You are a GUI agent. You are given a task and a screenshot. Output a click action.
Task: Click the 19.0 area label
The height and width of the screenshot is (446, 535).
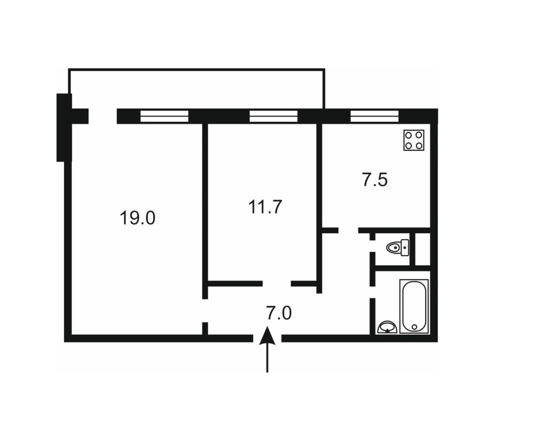(137, 218)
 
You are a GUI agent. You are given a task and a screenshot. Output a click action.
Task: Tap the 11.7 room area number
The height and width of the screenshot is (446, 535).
(265, 206)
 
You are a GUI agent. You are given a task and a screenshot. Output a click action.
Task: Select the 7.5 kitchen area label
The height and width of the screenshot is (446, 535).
(374, 180)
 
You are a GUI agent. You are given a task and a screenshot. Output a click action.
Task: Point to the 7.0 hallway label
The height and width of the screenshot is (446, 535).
(279, 313)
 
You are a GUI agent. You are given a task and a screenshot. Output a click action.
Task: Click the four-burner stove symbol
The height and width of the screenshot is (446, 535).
(414, 140)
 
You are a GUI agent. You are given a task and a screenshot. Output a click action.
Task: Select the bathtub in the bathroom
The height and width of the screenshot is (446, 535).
(414, 306)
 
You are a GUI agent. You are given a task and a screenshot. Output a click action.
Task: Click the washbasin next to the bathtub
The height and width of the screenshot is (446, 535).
(387, 327)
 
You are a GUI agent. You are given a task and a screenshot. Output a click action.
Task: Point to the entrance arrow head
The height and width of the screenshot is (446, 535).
(267, 335)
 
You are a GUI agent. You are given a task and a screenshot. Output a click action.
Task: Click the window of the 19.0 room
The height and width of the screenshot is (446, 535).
(164, 116)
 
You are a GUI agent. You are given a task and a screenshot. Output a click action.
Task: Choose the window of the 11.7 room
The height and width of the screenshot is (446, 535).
(273, 116)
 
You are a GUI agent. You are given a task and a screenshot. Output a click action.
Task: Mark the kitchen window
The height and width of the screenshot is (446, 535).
(374, 116)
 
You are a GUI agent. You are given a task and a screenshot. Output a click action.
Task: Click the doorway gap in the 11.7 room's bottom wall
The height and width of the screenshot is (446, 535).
(277, 283)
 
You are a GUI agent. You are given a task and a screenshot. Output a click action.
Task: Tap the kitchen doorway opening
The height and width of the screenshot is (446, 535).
(348, 230)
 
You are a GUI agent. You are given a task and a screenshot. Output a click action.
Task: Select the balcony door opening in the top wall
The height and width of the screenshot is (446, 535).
(103, 116)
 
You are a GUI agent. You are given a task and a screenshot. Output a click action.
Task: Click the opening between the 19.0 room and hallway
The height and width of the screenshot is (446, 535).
(205, 311)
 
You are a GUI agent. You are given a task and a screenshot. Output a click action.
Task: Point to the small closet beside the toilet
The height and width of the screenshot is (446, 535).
(423, 249)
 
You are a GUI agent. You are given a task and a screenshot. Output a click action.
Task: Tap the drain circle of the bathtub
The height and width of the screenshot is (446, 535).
(414, 327)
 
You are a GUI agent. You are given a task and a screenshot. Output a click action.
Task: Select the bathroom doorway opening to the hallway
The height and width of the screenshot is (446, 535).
(373, 292)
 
